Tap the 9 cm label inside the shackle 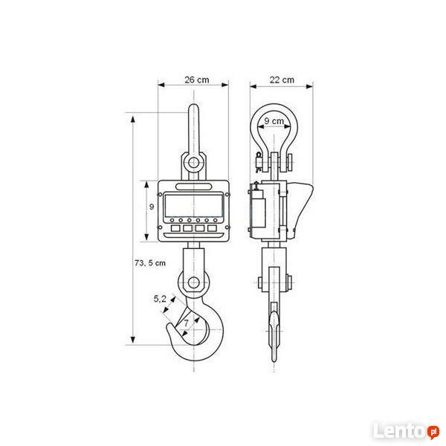pyautogui.click(x=274, y=121)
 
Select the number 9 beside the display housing pyautogui.click(x=151, y=207)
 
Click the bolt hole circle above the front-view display pyautogui.click(x=193, y=162)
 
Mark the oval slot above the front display pyautogui.click(x=193, y=186)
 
